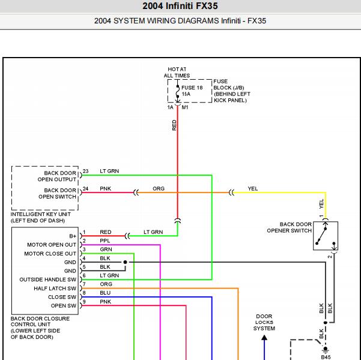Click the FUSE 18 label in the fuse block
click(x=192, y=88)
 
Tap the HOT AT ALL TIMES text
click(x=177, y=72)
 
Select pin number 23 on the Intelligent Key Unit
click(x=86, y=171)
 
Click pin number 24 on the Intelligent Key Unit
click(x=86, y=188)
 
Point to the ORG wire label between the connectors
click(x=159, y=188)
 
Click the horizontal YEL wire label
click(x=252, y=188)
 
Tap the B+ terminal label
click(x=73, y=236)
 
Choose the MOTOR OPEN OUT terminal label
click(x=52, y=245)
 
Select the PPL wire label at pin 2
click(x=105, y=241)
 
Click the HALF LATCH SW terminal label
click(x=55, y=289)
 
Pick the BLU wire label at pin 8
click(x=105, y=293)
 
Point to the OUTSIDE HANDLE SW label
click(x=47, y=280)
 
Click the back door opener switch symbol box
click(x=326, y=236)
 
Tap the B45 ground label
click(x=326, y=357)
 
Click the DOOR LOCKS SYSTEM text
click(x=264, y=322)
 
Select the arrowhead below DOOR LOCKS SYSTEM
click(x=264, y=337)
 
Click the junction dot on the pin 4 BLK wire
click(x=126, y=262)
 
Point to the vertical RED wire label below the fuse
click(x=174, y=125)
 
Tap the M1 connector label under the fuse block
click(x=185, y=107)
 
